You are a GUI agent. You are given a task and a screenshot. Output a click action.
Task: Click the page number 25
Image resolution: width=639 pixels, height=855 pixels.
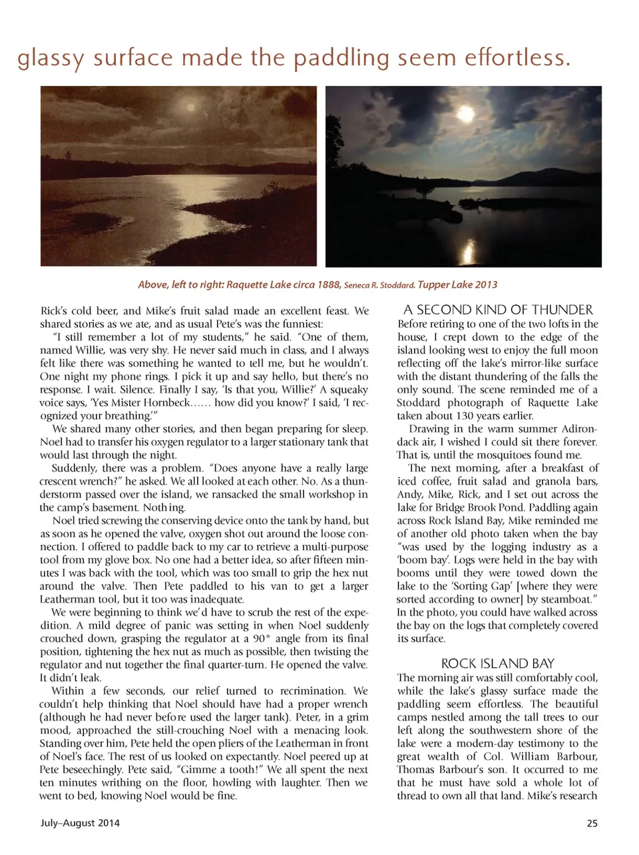(x=592, y=823)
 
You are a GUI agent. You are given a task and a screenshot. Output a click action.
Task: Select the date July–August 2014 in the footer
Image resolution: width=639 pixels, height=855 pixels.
(x=80, y=823)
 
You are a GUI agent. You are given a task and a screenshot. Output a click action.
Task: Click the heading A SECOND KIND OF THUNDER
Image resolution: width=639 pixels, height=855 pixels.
(x=497, y=310)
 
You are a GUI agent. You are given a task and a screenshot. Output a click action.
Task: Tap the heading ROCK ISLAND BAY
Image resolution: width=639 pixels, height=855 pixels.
(x=497, y=663)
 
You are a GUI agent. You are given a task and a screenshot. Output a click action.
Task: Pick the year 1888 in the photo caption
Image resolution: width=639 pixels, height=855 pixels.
(x=327, y=284)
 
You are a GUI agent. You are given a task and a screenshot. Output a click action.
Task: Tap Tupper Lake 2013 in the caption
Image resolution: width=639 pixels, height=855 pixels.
(x=457, y=284)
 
